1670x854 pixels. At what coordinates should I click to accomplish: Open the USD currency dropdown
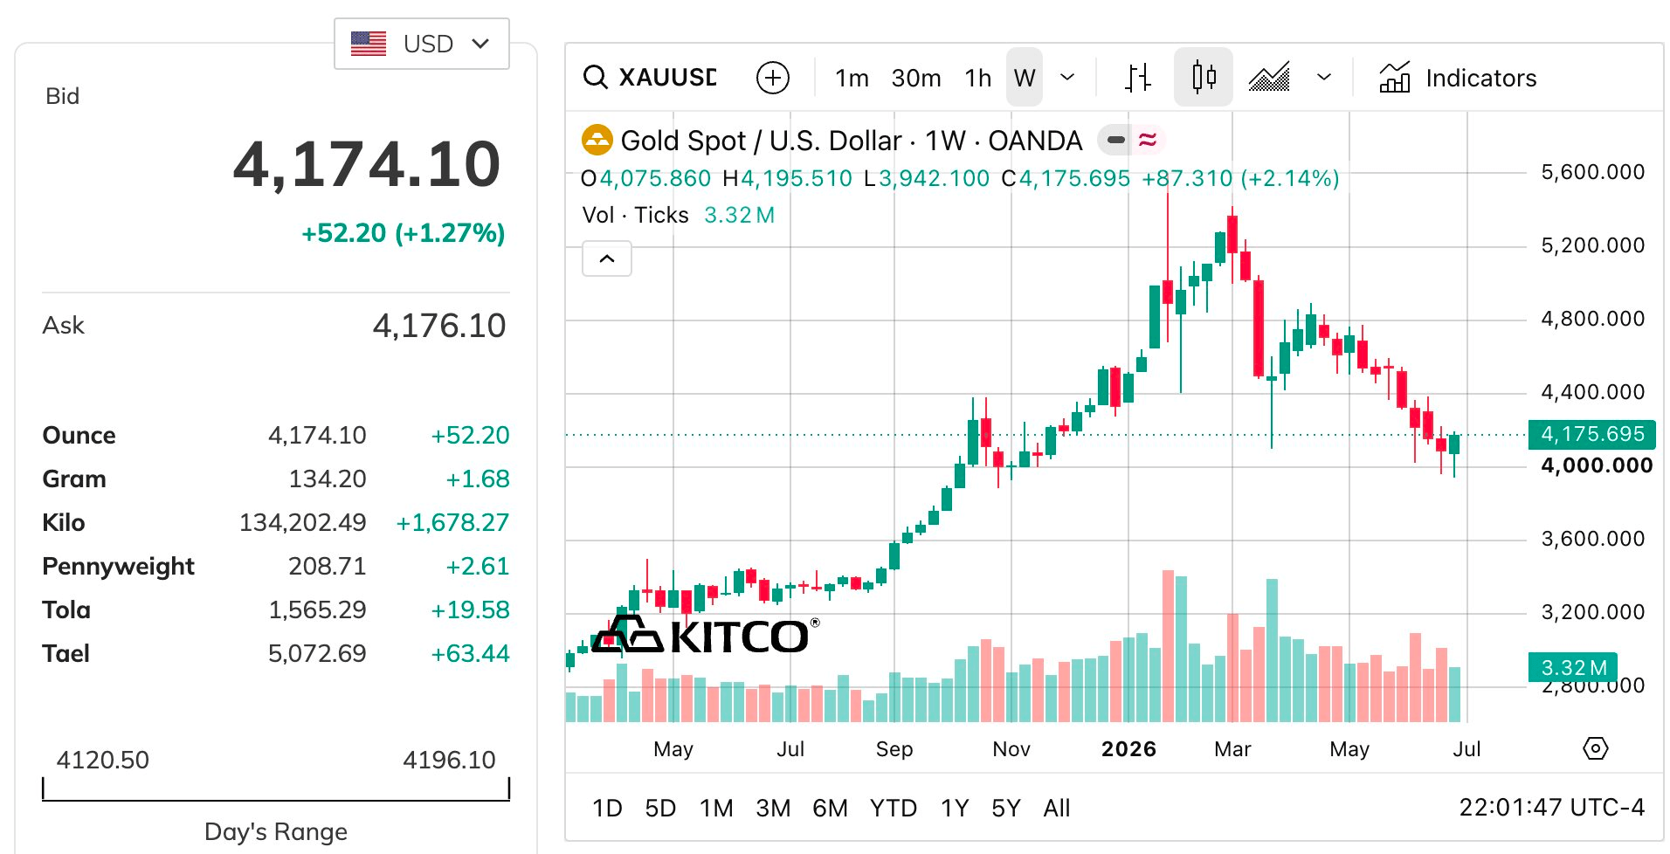(x=421, y=44)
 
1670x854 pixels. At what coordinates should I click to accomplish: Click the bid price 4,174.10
(x=367, y=164)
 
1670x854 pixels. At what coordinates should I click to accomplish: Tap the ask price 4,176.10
(x=439, y=326)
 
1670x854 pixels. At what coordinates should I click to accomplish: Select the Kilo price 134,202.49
(x=303, y=522)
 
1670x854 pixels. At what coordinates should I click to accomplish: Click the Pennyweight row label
(x=118, y=567)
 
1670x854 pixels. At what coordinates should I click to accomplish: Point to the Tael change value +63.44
(x=470, y=653)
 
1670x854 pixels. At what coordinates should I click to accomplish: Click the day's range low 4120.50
(x=103, y=760)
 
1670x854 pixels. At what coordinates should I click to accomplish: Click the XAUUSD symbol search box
(x=650, y=78)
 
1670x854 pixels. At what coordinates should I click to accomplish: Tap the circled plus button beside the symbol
(x=772, y=78)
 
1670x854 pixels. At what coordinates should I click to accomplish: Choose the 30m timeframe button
(x=916, y=79)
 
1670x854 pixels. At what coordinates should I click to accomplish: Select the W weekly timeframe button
(x=1025, y=78)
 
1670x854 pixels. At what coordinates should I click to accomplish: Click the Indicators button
(x=1458, y=78)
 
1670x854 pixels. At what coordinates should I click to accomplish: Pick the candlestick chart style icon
(x=1204, y=77)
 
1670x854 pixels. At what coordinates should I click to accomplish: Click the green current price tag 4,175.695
(x=1592, y=434)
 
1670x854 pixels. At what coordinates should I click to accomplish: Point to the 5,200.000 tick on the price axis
(x=1592, y=245)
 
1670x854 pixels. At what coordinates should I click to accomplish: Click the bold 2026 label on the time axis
(x=1128, y=749)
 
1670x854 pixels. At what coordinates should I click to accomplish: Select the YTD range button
(x=893, y=809)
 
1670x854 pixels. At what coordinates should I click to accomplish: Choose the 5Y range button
(x=1005, y=809)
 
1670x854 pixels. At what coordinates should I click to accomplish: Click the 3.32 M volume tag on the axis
(x=1573, y=668)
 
